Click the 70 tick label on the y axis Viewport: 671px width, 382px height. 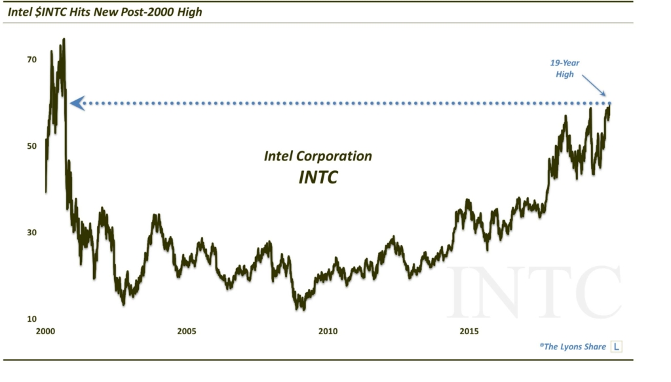pos(32,60)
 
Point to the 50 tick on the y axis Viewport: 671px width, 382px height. pos(32,146)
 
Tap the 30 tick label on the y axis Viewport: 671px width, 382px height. pos(32,233)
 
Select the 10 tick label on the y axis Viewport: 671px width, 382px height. pos(32,319)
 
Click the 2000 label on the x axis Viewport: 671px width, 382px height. pos(45,332)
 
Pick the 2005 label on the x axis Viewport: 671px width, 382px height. pos(187,332)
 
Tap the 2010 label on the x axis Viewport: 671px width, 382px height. pos(328,332)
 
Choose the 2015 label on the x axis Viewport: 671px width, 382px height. pos(469,332)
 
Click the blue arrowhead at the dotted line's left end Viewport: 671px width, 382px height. pos(77,103)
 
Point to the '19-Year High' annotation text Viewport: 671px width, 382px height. pos(565,68)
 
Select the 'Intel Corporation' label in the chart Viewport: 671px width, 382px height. pos(318,156)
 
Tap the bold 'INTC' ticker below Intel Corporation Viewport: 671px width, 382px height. pos(318,177)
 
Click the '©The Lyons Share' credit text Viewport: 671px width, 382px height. pos(573,347)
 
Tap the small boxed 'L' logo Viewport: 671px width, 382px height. pos(616,347)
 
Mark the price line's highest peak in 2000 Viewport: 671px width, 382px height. pos(64,39)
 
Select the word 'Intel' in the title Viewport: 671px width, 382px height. pos(20,12)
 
